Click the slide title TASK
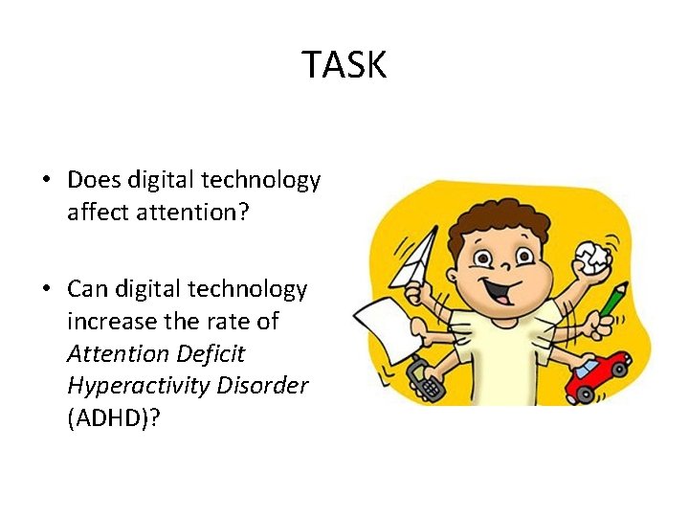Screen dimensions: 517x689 pyautogui.click(x=344, y=65)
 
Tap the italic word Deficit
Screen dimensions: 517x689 pyautogui.click(x=211, y=353)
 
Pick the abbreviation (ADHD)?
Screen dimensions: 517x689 pyautogui.click(x=111, y=418)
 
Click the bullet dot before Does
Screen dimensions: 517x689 pyautogui.click(x=48, y=180)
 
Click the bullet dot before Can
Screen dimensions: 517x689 pyautogui.click(x=48, y=289)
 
